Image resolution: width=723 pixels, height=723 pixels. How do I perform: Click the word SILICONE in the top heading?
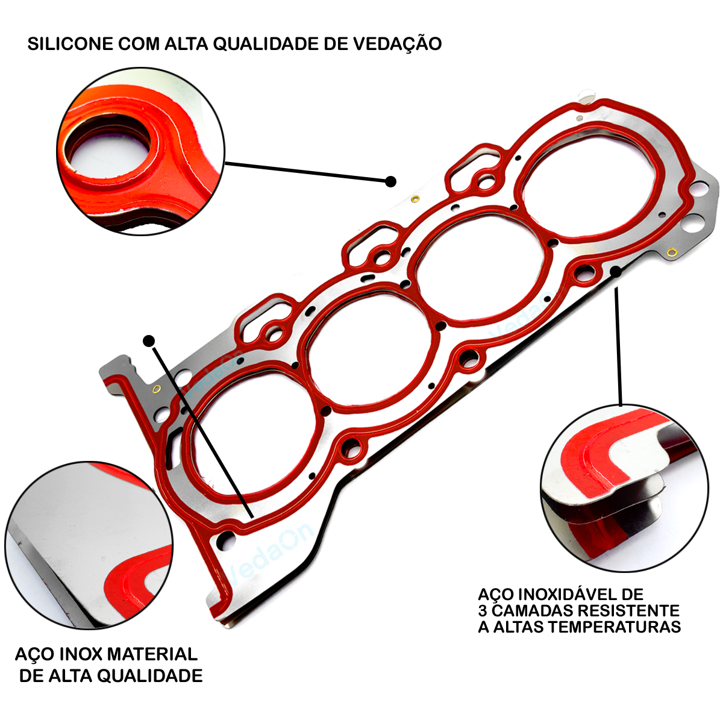(x=70, y=44)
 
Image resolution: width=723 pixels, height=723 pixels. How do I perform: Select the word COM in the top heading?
(x=139, y=44)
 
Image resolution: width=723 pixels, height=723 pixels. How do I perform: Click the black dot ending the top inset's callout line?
(x=390, y=181)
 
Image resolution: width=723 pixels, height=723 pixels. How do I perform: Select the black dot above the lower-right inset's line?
(x=616, y=271)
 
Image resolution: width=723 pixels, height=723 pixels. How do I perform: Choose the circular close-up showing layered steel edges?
(x=624, y=488)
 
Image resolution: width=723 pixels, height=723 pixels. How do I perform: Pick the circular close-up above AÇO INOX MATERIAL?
(x=89, y=546)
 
